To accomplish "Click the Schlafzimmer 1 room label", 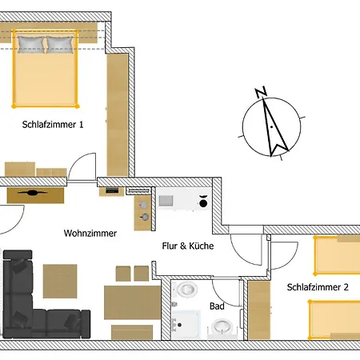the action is coord(53,125).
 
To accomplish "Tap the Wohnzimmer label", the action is coord(90,234).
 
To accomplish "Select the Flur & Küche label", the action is coord(188,246).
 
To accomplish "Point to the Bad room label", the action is coord(217,306).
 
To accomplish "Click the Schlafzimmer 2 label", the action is coord(318,287).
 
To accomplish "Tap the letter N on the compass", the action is coord(261,92).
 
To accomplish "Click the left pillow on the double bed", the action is coord(31,45).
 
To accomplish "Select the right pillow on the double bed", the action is coord(60,45).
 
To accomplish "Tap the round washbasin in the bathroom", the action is coord(222,326).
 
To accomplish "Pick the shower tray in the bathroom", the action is coord(186,325).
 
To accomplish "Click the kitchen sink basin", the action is coord(166,201).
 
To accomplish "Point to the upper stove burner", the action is coord(143,205).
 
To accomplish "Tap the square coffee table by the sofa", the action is coord(60,281).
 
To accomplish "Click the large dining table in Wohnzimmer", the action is coord(132,302).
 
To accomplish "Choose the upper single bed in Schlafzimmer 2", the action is coord(338,255).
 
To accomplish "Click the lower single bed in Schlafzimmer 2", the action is coord(334,320).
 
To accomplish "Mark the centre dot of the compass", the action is coord(271,126).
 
